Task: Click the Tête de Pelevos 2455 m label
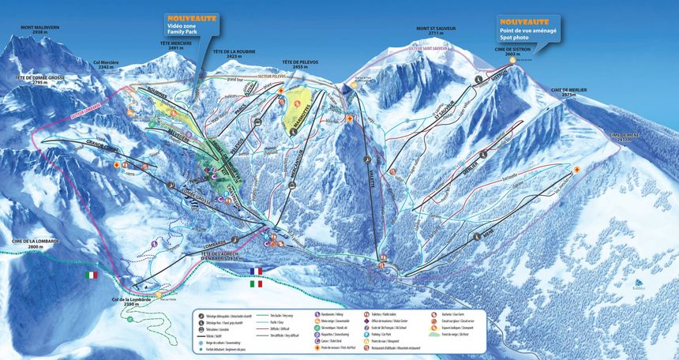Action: (x=300, y=66)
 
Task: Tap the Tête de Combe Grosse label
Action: (x=39, y=80)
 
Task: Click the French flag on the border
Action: (x=255, y=271)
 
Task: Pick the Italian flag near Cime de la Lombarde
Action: (x=92, y=275)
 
